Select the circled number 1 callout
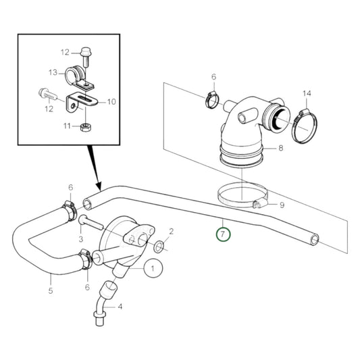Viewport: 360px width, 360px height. [x=153, y=268]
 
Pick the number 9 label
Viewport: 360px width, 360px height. [x=282, y=205]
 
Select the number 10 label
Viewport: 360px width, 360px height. [x=111, y=102]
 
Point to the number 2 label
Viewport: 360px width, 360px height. [x=172, y=231]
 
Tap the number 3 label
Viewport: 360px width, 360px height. [x=80, y=239]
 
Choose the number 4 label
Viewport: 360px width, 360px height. [x=121, y=307]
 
